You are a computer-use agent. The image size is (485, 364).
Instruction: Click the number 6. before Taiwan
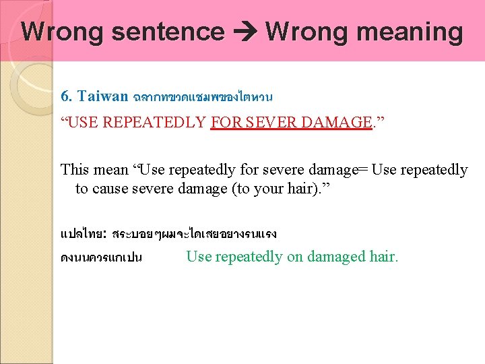67,96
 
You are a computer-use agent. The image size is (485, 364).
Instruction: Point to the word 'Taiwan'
102,96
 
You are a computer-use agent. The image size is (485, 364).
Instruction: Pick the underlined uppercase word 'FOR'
226,122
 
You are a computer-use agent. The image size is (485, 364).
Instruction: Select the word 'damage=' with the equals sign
339,170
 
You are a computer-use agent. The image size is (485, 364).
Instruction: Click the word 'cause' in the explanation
112,189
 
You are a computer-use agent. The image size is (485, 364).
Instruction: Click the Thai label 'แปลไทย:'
82,234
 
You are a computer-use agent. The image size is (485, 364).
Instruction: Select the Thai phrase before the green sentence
101,257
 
